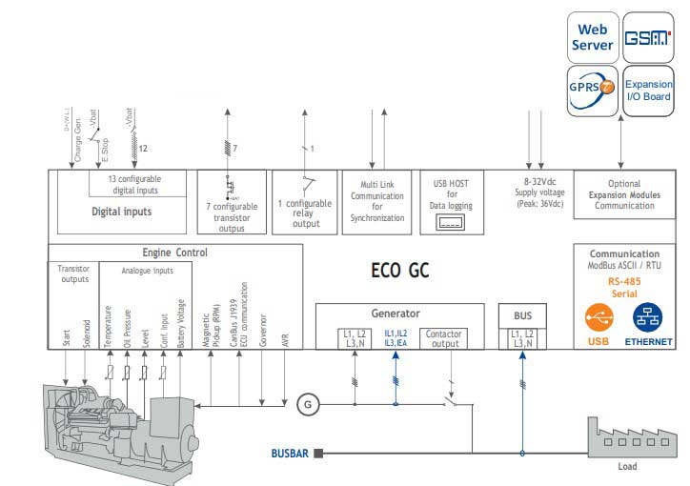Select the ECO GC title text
400,271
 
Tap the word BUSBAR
291,455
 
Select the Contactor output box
443,338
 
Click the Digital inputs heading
123,212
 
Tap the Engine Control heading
174,253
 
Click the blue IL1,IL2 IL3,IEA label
396,338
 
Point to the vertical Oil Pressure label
126,324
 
